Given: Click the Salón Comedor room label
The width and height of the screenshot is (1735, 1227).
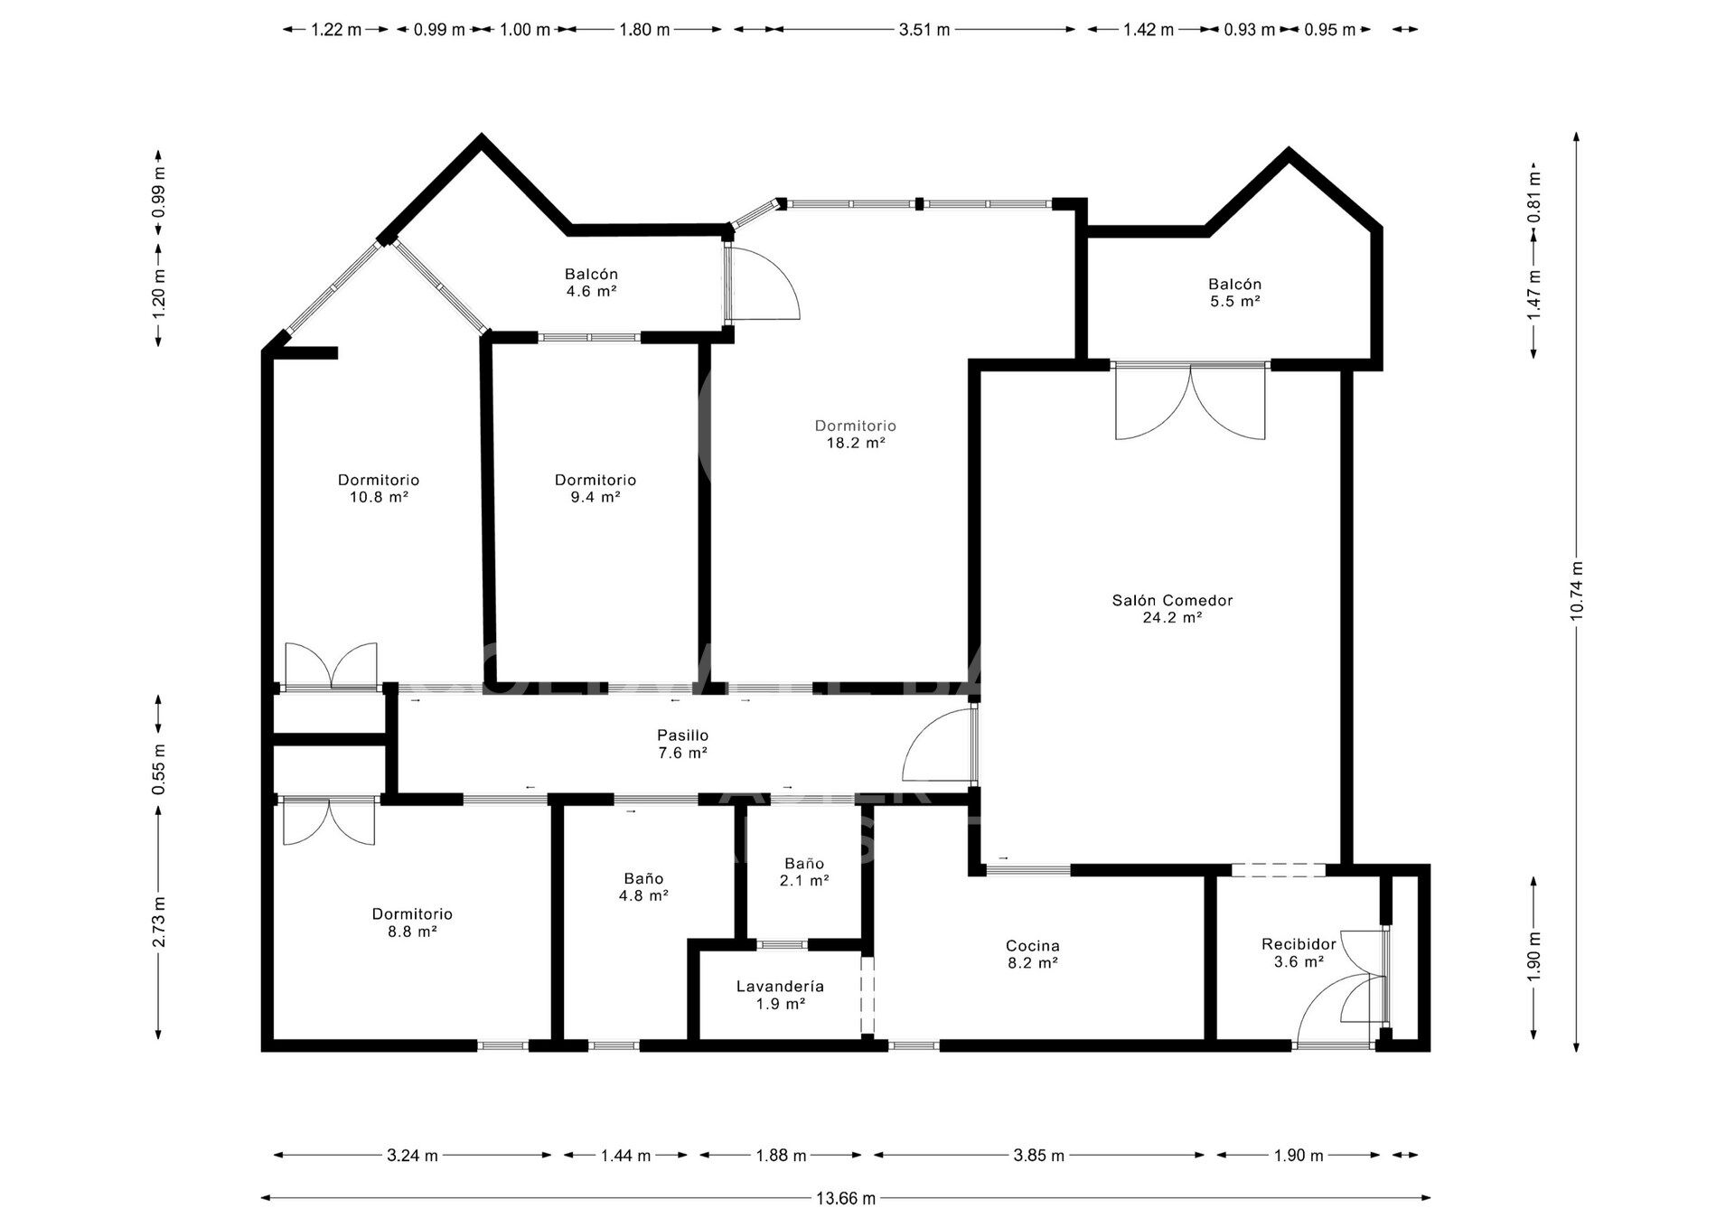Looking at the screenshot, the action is (x=1172, y=609).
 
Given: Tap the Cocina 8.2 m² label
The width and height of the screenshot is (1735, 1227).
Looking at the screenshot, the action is (x=1033, y=954).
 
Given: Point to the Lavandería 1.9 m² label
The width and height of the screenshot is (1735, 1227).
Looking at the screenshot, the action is (x=780, y=995).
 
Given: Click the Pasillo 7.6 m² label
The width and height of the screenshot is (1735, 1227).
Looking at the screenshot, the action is (x=682, y=744).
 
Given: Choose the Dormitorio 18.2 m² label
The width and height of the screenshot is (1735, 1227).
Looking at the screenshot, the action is (x=855, y=434).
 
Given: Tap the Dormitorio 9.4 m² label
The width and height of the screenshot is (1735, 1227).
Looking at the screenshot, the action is (x=596, y=488).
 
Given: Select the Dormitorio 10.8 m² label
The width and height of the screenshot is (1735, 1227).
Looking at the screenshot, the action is (x=379, y=488).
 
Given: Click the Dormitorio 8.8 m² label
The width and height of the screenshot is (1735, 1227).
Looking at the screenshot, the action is (x=412, y=923).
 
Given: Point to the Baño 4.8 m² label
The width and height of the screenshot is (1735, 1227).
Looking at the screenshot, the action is (x=643, y=886).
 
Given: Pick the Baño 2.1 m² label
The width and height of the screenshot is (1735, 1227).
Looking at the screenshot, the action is (x=804, y=872).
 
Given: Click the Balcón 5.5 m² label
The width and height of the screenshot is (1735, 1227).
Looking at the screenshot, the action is (x=1235, y=293).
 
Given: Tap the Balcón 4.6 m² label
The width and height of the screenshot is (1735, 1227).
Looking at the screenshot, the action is (x=591, y=282).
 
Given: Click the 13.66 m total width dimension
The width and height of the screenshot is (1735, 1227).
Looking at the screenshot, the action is (x=846, y=1198).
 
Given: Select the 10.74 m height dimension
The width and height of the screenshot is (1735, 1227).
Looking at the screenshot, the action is (x=1577, y=591).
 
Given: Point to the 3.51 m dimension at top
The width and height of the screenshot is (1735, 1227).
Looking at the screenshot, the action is (x=924, y=30).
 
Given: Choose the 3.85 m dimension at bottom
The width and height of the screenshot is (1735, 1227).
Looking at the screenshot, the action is (x=1039, y=1155).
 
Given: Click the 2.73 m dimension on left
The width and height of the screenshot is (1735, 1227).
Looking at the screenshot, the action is (x=159, y=922).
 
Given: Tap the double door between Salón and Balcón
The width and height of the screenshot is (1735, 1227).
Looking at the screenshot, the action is (x=1191, y=401).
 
